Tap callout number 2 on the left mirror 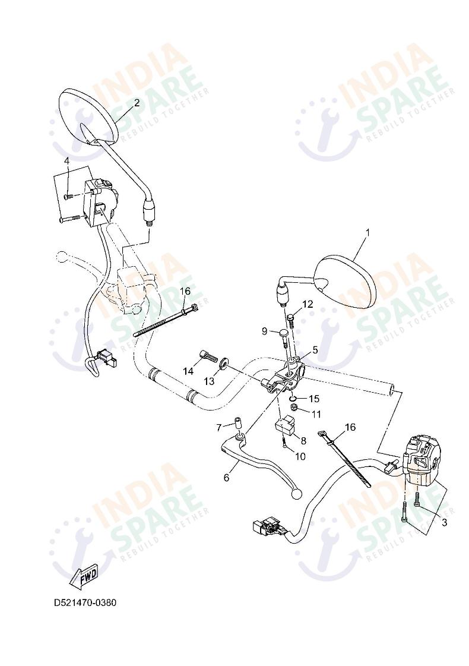coord(137,103)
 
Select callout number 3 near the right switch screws coord(444,523)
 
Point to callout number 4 coord(66,161)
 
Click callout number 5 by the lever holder coord(315,351)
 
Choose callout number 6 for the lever coord(226,478)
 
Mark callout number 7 coord(218,427)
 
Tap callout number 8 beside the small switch coord(303,440)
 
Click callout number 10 coord(300,456)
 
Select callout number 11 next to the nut coord(316,414)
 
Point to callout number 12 coord(307,304)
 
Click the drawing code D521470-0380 coord(85,603)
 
